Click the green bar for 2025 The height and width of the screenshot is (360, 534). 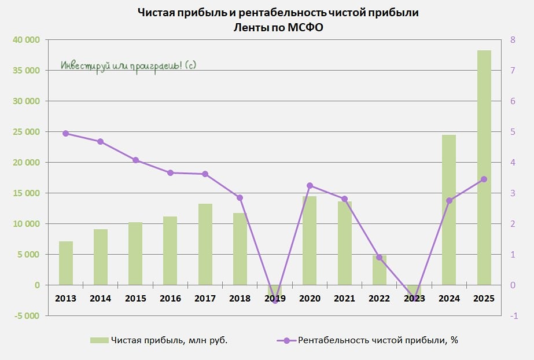pyautogui.click(x=484, y=168)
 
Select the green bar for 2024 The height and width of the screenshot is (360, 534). pyautogui.click(x=449, y=210)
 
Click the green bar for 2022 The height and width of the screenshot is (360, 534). pyautogui.click(x=379, y=270)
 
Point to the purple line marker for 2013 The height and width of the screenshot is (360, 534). pyautogui.click(x=65, y=133)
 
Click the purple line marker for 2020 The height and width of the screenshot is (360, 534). pyautogui.click(x=310, y=186)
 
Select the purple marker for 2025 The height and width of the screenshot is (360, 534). pyautogui.click(x=484, y=179)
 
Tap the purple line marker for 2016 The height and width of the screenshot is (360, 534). pyautogui.click(x=170, y=172)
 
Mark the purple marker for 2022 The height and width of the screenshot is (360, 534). pyautogui.click(x=379, y=257)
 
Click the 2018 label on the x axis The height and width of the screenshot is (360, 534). pyautogui.click(x=240, y=299)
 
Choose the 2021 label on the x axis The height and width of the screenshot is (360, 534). pyautogui.click(x=344, y=299)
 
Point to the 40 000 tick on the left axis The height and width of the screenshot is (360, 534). pyautogui.click(x=24, y=40)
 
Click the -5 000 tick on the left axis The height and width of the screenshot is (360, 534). pyautogui.click(x=24, y=316)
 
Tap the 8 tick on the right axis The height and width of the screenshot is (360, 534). pyautogui.click(x=513, y=40)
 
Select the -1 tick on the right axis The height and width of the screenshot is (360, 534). pyautogui.click(x=514, y=316)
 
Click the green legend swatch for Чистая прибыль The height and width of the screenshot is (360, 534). pyautogui.click(x=99, y=340)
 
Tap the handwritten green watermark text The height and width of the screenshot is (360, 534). pyautogui.click(x=128, y=65)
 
